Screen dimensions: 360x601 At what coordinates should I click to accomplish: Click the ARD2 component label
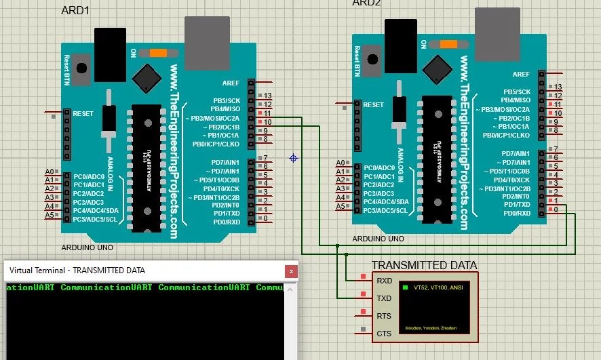366,3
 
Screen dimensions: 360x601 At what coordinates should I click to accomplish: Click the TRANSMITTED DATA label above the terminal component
424,265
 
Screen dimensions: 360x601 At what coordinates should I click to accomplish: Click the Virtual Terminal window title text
77,270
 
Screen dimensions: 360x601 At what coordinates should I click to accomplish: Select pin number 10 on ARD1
267,122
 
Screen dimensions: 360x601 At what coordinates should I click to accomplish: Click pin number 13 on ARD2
558,87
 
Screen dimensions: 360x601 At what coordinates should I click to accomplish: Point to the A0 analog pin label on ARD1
49,172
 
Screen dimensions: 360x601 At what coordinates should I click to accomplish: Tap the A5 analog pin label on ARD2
341,207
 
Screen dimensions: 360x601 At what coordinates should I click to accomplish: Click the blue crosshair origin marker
293,158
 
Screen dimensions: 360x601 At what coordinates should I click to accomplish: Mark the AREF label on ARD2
521,75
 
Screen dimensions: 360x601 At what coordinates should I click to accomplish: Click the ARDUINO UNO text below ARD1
87,248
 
